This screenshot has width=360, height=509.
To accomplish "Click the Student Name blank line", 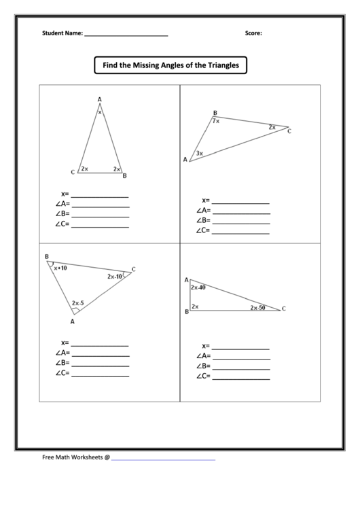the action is click(x=126, y=35).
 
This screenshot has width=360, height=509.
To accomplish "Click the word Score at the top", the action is click(x=253, y=33).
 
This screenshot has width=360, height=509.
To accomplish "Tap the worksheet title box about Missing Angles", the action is click(x=170, y=65).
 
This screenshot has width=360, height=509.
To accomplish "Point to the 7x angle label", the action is click(x=215, y=121).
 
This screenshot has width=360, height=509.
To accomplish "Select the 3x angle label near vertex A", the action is click(x=199, y=154).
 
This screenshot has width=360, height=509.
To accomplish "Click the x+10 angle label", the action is click(x=60, y=268).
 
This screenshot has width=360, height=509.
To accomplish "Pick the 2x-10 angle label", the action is click(x=114, y=277).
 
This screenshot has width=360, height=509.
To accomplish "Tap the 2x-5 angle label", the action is click(x=78, y=303).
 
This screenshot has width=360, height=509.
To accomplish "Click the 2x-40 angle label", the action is click(x=198, y=287).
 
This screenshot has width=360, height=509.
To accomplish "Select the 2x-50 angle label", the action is click(x=257, y=308).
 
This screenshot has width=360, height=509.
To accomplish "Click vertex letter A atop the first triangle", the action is click(x=100, y=100).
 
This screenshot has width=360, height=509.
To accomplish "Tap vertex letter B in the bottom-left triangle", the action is click(x=46, y=256).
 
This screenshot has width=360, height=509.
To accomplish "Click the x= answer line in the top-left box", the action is click(x=100, y=195).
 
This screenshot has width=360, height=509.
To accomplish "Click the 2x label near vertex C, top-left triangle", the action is click(x=84, y=169).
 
